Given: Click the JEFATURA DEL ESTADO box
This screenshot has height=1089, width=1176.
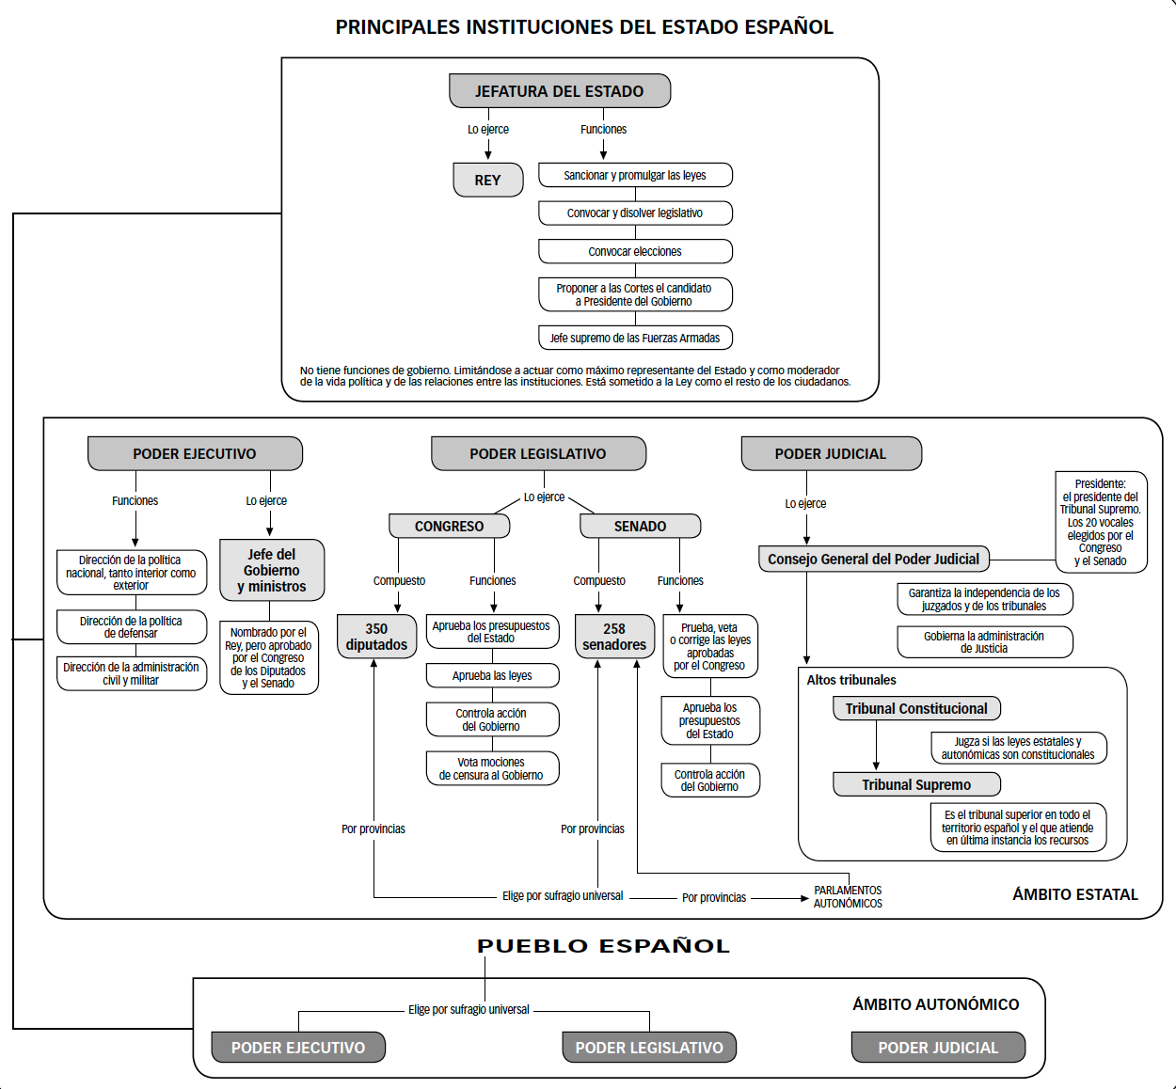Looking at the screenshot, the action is tap(560, 90).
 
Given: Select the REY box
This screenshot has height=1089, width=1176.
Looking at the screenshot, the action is tap(488, 180).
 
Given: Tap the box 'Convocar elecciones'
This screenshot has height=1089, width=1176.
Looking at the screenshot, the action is tap(635, 251).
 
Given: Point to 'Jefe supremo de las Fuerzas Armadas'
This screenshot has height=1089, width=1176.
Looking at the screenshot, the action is tap(635, 338).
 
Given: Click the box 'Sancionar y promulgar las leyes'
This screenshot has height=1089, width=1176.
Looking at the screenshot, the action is tap(635, 175).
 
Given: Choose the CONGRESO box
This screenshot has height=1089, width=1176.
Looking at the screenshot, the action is tap(450, 526).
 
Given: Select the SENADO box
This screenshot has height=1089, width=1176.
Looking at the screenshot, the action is tap(640, 526).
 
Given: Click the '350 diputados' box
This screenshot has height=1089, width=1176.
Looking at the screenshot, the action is tap(376, 637).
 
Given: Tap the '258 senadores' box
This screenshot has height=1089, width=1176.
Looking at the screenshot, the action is tap(614, 637).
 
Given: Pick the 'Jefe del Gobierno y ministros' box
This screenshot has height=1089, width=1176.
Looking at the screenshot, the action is tap(272, 570).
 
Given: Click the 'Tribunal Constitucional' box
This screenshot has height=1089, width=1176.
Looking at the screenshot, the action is tap(916, 708).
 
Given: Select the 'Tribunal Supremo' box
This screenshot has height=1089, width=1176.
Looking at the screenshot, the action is tap(916, 784).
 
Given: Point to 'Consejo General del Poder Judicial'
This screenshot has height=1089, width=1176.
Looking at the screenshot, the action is tap(874, 559).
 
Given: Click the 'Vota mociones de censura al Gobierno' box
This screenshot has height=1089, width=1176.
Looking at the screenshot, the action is tap(492, 768).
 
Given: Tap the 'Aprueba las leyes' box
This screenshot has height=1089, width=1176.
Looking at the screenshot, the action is tap(492, 675).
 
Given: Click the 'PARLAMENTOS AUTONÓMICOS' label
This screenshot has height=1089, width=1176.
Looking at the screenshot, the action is tap(848, 897).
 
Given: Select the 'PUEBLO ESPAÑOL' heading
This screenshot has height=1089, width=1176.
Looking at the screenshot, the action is tap(603, 946).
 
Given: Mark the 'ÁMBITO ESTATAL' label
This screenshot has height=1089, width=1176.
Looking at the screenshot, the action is tap(1075, 894).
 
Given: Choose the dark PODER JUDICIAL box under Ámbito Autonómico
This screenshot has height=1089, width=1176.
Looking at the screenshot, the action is tap(939, 1048).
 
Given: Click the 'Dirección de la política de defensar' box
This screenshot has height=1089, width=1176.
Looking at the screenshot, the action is tap(132, 627).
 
